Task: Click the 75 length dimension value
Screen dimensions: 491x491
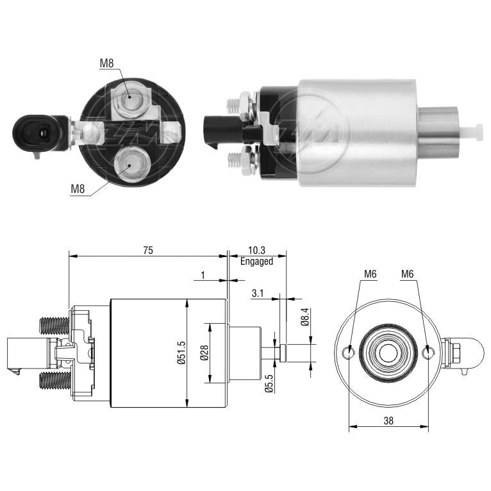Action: (148, 250)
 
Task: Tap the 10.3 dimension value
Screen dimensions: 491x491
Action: (256, 250)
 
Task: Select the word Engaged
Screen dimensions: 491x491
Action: (256, 261)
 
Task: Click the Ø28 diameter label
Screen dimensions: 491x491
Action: (204, 353)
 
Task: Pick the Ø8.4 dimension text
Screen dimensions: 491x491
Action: (305, 317)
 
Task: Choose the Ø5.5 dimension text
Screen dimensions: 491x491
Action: (269, 384)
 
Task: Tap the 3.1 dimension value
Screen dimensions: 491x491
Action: (258, 294)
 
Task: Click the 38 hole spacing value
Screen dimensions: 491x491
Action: (388, 420)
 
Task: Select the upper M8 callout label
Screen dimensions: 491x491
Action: (106, 63)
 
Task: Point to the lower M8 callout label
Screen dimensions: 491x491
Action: (78, 189)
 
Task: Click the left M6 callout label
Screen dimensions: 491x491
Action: (370, 274)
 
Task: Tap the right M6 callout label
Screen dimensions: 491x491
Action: (408, 274)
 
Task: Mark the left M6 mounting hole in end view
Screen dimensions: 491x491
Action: (349, 353)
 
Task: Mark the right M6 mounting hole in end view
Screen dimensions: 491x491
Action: (428, 353)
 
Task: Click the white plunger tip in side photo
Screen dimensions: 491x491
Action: (472, 132)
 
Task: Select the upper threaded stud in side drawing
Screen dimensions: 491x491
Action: (54, 326)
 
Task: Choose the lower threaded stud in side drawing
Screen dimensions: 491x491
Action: (54, 381)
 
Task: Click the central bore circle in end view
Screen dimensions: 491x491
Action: (388, 353)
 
